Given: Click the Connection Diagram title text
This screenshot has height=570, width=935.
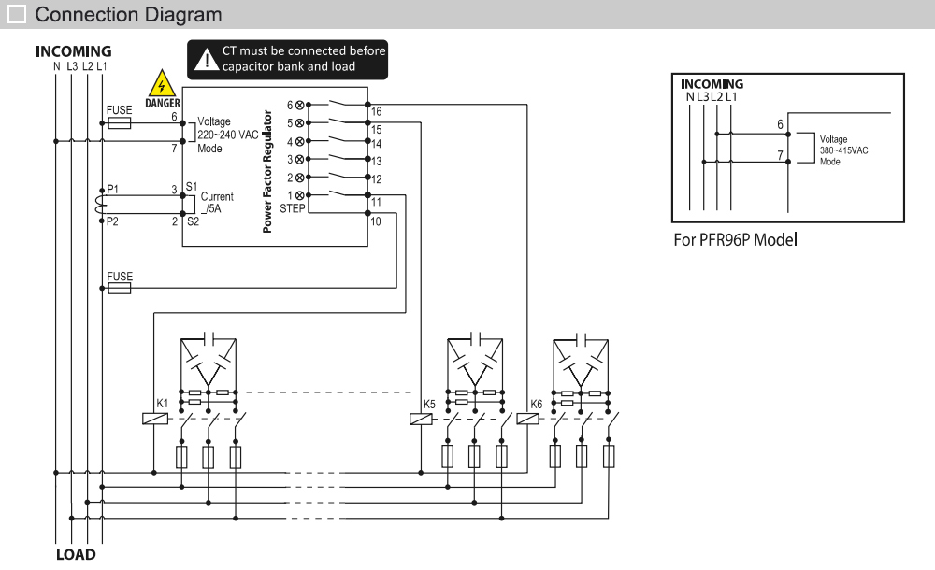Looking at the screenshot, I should pyautogui.click(x=128, y=15).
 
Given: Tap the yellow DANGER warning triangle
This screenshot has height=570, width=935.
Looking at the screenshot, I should pyautogui.click(x=163, y=83).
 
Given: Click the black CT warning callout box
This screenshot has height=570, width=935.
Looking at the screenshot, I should pyautogui.click(x=288, y=59).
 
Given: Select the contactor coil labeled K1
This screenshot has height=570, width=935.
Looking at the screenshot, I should pyautogui.click(x=154, y=419).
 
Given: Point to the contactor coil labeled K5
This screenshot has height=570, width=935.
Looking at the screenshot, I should pyautogui.click(x=422, y=419).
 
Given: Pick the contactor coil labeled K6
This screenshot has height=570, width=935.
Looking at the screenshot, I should pyautogui.click(x=528, y=419).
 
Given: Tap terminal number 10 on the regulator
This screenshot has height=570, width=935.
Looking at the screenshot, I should pyautogui.click(x=376, y=221).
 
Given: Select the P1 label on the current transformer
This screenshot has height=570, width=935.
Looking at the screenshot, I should pyautogui.click(x=112, y=189).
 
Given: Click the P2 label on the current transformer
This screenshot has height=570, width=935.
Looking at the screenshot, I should pyautogui.click(x=112, y=221).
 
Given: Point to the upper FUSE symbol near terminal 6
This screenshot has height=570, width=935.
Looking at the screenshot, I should pyautogui.click(x=120, y=122).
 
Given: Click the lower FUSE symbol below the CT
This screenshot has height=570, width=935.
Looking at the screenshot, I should pyautogui.click(x=120, y=289).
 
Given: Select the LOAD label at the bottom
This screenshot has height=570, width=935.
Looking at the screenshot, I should pyautogui.click(x=75, y=555).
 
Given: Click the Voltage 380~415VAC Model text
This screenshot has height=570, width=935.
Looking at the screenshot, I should pyautogui.click(x=843, y=150).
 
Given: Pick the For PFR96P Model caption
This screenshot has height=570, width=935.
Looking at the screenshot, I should pyautogui.click(x=735, y=239).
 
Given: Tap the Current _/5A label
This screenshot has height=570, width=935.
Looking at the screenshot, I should pyautogui.click(x=217, y=204).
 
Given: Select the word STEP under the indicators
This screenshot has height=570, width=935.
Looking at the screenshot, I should pyautogui.click(x=293, y=207).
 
